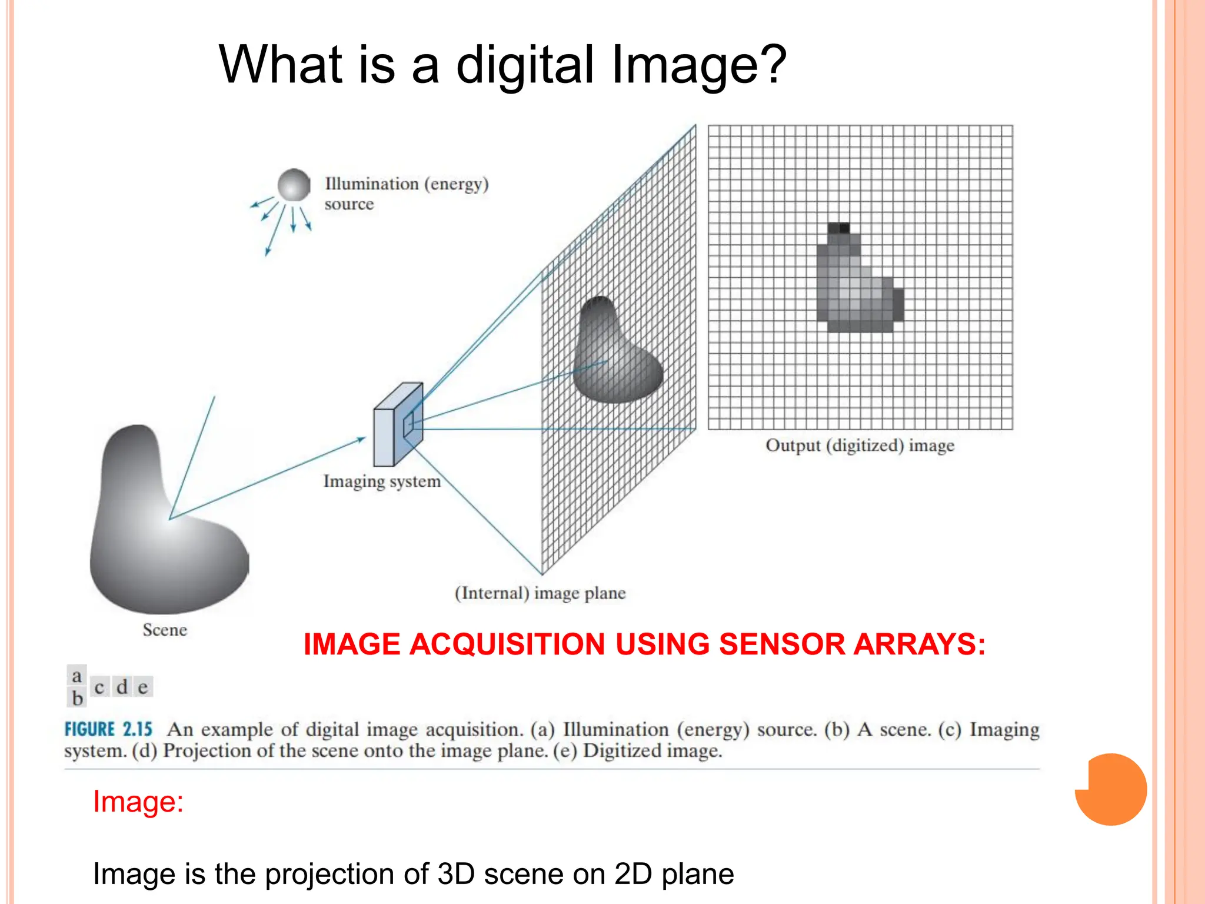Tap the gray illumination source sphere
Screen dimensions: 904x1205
point(294,185)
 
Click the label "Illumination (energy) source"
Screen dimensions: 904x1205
point(406,193)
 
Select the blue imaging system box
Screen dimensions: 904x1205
point(398,425)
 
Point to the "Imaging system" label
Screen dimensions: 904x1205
point(382,481)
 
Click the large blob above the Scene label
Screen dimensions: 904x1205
point(165,530)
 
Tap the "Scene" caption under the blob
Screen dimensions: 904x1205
point(165,630)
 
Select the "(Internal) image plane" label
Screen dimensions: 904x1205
point(540,593)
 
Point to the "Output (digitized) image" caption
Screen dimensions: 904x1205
point(860,446)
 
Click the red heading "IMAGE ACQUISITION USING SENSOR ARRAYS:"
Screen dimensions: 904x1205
point(644,644)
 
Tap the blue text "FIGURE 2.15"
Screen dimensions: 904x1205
point(108,730)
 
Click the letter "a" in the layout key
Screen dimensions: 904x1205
point(76,676)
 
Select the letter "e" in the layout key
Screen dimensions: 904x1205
point(143,687)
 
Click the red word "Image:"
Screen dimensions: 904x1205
point(138,802)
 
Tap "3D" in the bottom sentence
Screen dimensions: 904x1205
point(456,874)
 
